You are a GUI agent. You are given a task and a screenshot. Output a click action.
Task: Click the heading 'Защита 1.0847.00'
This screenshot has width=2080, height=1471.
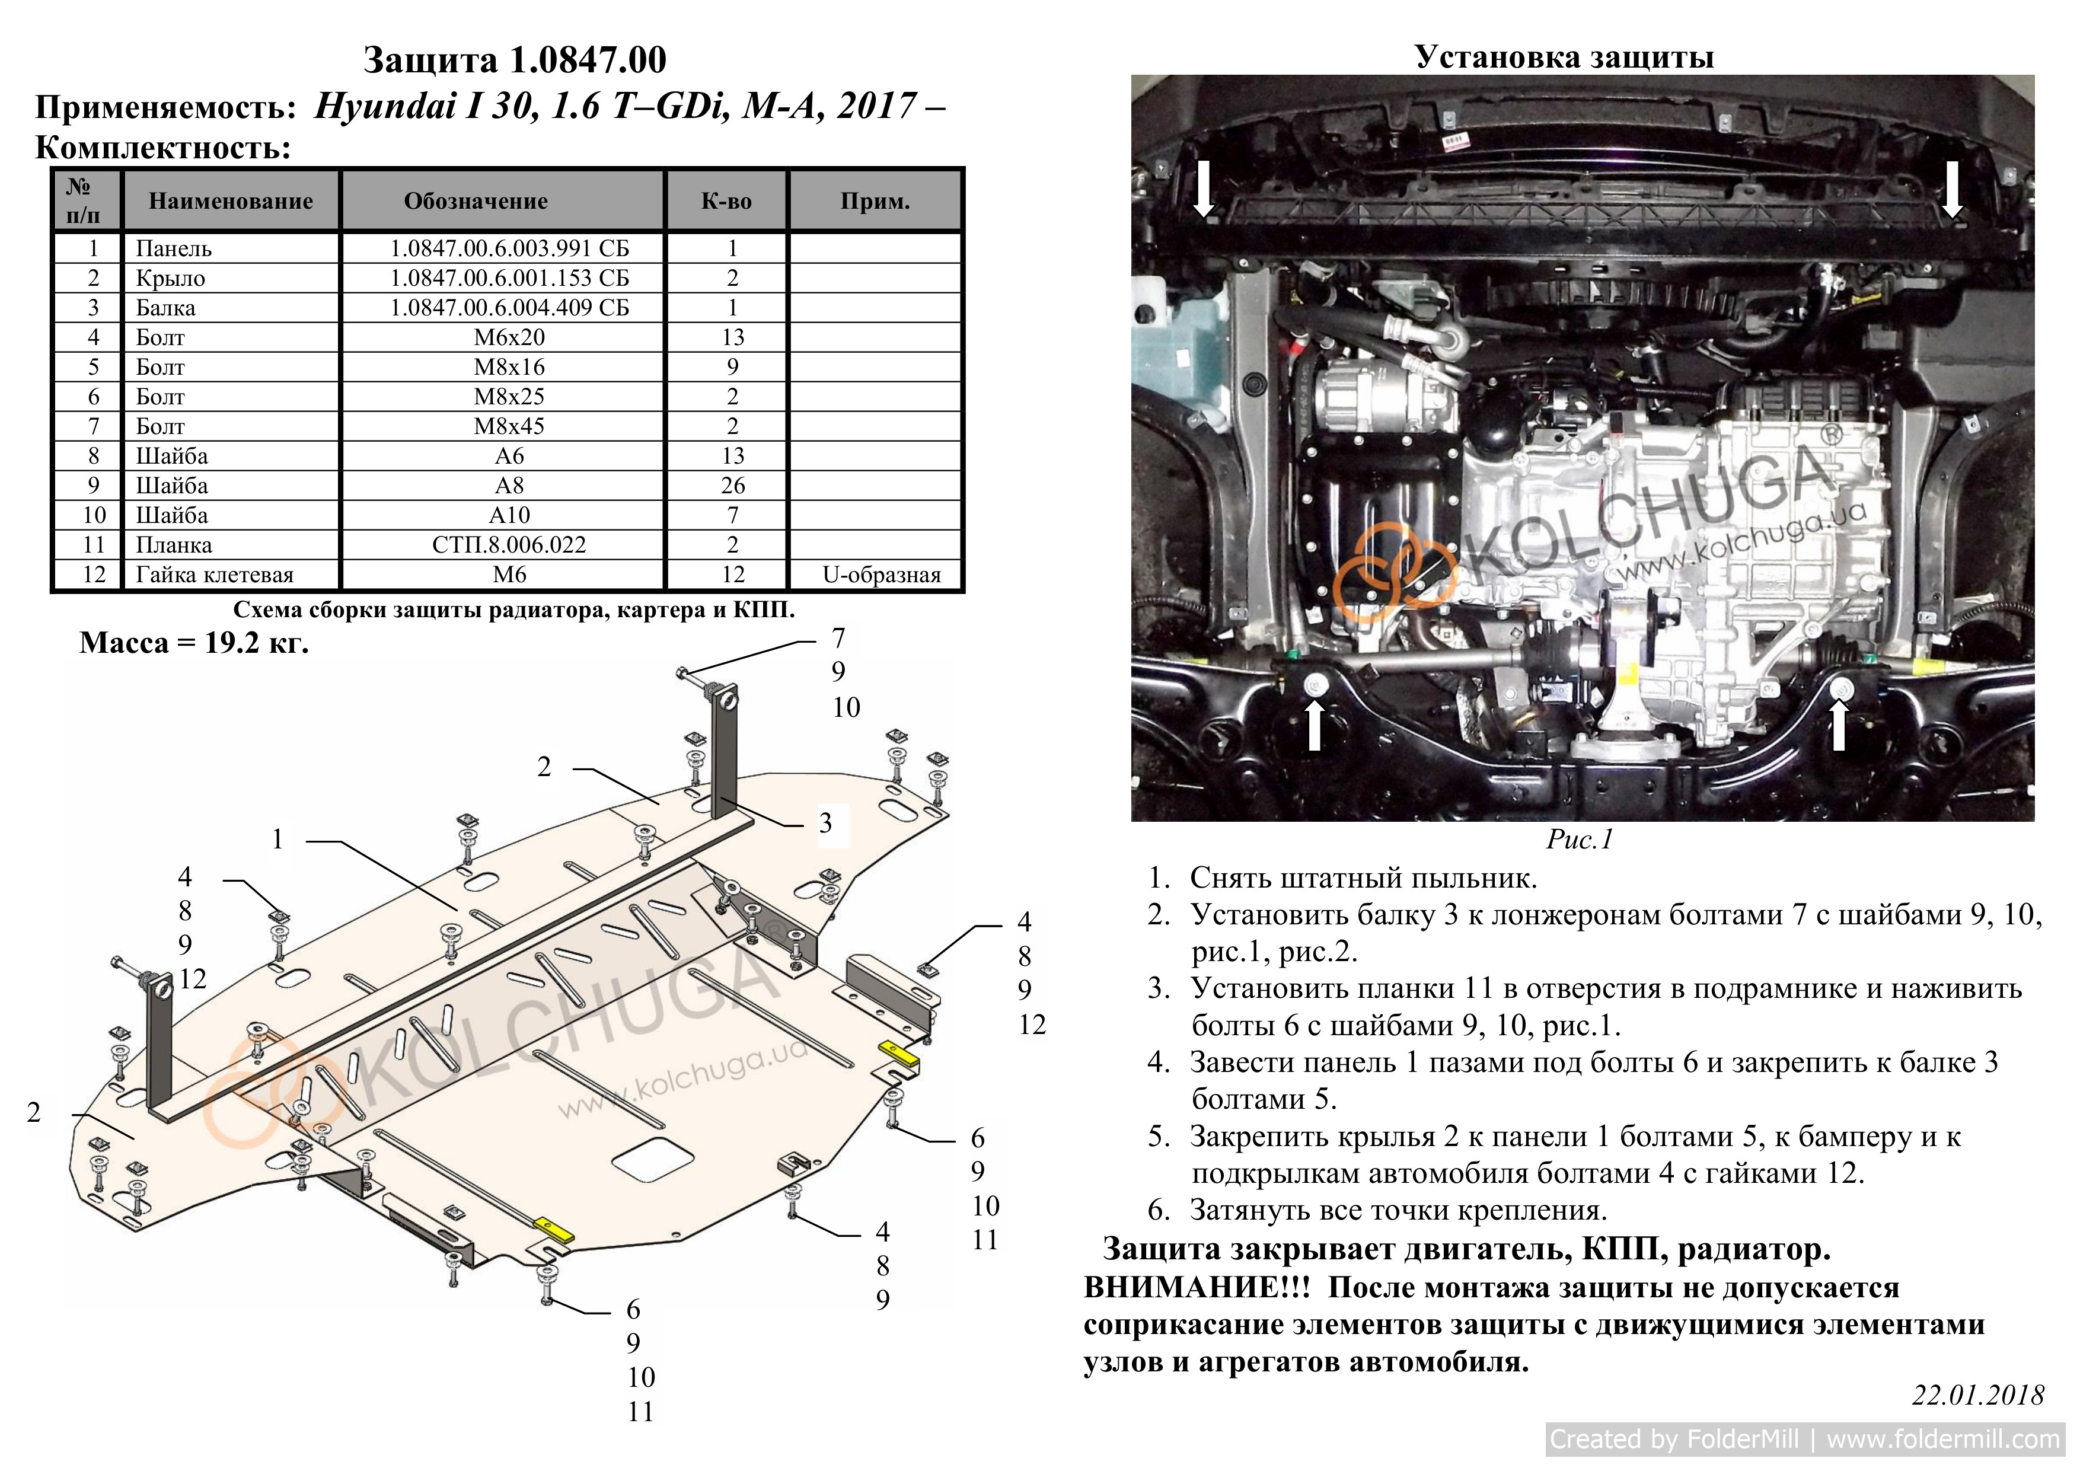(x=515, y=60)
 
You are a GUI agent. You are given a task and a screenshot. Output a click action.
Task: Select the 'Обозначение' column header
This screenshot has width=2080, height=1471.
(x=476, y=201)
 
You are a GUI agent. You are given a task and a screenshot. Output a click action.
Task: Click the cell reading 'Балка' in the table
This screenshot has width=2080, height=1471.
(x=166, y=308)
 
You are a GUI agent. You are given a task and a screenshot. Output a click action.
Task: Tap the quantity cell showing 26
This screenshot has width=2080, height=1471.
(x=733, y=486)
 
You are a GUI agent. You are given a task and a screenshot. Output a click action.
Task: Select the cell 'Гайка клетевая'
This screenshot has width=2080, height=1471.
(x=215, y=575)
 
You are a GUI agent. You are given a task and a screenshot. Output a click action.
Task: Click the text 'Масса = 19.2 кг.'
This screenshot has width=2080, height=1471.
(x=194, y=643)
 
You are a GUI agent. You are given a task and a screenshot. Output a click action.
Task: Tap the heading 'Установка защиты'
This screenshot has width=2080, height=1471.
(x=1565, y=57)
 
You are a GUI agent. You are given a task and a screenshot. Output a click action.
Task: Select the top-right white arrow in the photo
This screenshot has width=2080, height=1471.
(x=1953, y=189)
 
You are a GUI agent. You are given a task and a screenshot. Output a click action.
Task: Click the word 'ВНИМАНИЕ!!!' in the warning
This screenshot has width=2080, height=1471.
(x=1197, y=1287)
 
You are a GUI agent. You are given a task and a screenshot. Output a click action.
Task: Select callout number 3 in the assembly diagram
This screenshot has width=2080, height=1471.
(x=825, y=824)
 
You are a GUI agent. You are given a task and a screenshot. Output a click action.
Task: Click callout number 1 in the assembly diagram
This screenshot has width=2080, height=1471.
(x=278, y=840)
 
